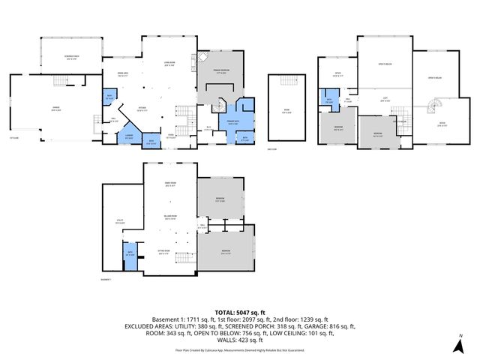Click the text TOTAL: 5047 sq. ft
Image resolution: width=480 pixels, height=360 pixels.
pyautogui.click(x=240, y=311)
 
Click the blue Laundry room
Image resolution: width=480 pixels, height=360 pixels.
pyautogui.click(x=128, y=136)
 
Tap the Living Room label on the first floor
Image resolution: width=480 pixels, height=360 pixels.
pyautogui.click(x=169, y=64)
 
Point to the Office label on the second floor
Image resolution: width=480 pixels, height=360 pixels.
pyautogui.click(x=337, y=73)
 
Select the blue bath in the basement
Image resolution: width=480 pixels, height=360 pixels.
pyautogui.click(x=130, y=253)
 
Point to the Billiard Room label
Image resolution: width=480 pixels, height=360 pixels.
pyautogui.click(x=169, y=217)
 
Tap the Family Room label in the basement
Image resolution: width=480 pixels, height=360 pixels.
pyautogui.click(x=169, y=184)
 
